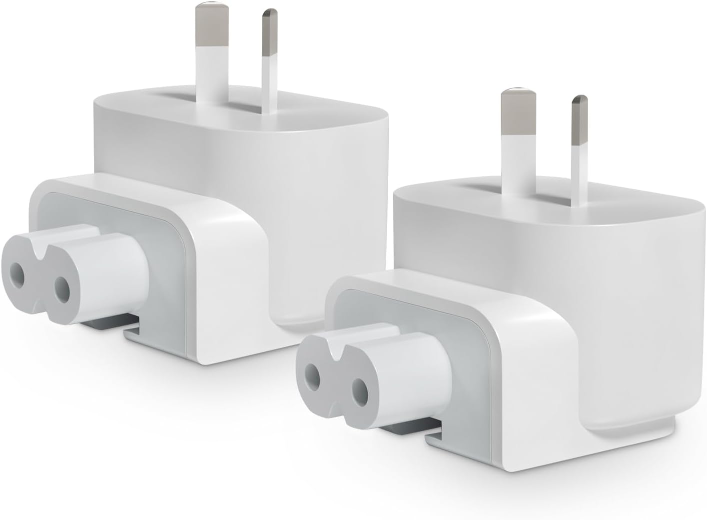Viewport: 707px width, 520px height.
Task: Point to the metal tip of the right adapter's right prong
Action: [x=579, y=114]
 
